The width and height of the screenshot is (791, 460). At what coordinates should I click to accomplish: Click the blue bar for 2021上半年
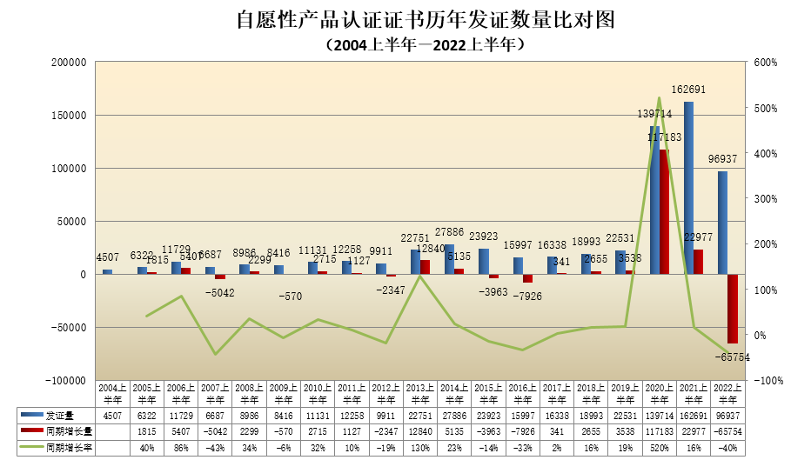[688, 187]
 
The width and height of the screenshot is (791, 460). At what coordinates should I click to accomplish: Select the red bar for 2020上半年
[664, 212]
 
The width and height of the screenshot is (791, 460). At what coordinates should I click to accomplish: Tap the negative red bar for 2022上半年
[733, 309]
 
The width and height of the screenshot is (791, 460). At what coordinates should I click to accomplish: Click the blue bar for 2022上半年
[722, 223]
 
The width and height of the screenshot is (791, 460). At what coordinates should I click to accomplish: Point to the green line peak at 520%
[659, 97]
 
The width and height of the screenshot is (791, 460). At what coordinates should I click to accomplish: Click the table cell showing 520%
[659, 448]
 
